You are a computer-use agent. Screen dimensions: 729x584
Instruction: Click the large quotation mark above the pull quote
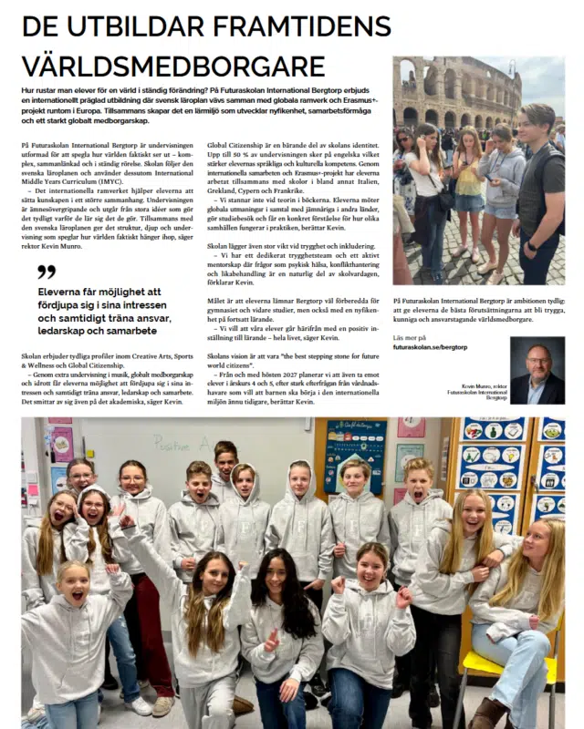click(47, 272)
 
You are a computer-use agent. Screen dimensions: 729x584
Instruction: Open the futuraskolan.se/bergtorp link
click(430, 347)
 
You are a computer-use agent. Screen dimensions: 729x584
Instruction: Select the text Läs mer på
click(410, 337)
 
